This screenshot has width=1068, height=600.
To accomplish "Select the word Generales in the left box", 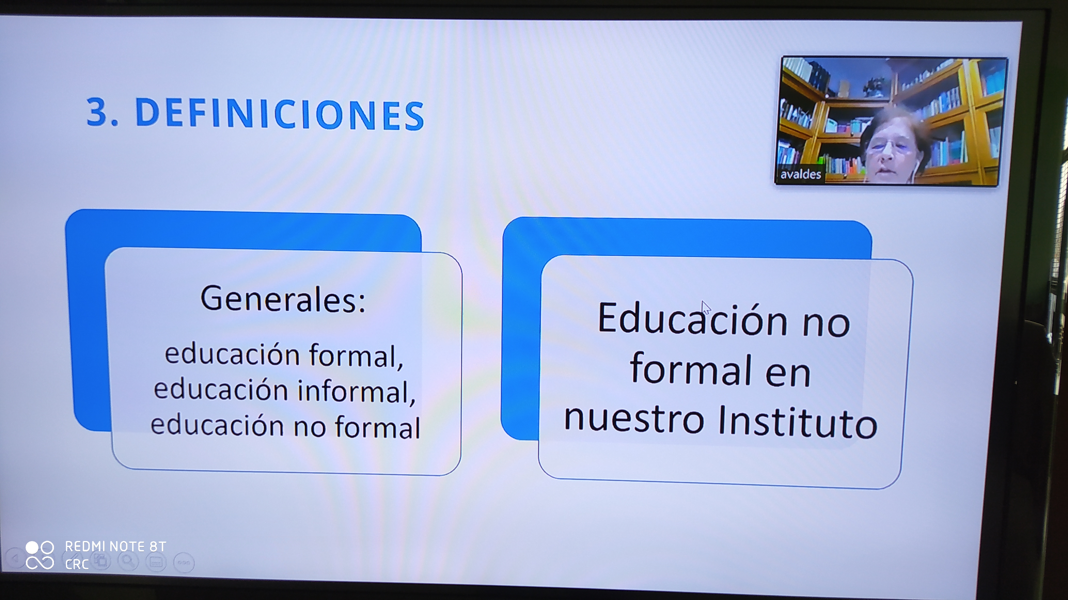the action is point(277,298).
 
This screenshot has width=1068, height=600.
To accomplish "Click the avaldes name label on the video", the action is point(800,174).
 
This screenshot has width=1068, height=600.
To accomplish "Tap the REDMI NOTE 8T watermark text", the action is point(115,547).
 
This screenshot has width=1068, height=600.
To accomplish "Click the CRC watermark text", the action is point(77,564).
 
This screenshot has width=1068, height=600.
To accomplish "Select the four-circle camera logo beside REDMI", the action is point(40,555).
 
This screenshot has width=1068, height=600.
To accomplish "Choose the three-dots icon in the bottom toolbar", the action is point(184,563).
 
